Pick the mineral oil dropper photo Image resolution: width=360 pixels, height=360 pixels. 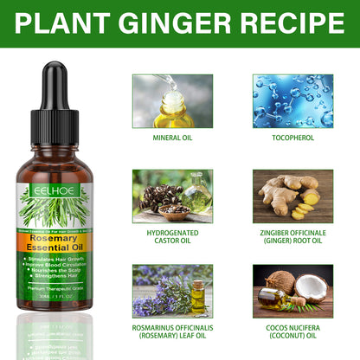click(x=173, y=101)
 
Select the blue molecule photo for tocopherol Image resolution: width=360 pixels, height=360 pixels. click(x=292, y=101)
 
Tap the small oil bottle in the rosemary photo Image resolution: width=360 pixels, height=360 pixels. click(x=196, y=298)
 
